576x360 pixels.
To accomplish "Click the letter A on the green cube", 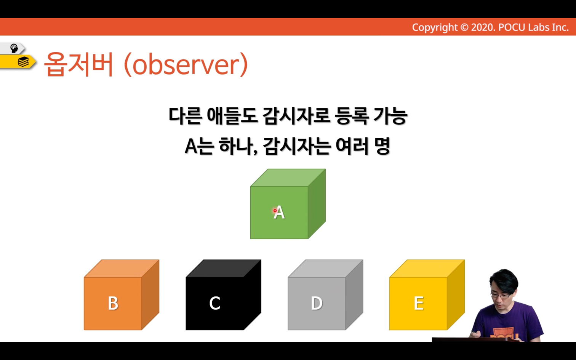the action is [x=279, y=213].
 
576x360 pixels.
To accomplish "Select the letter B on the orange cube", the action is [x=113, y=303].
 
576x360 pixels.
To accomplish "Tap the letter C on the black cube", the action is [x=215, y=303].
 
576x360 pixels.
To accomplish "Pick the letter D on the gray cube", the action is [x=317, y=303].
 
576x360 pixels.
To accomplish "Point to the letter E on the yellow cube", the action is [x=419, y=303].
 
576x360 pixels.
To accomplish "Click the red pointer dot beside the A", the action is [x=275, y=211].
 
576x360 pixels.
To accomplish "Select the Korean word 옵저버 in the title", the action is [x=79, y=64].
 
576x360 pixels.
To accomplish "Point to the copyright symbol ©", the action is [x=464, y=27].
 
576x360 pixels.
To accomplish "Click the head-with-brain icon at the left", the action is [x=14, y=48].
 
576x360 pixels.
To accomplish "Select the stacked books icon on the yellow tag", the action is [x=23, y=62].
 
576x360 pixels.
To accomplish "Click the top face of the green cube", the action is [x=288, y=178].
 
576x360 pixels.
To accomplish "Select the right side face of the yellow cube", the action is [x=456, y=295].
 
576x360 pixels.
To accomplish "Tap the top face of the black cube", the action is [x=224, y=269].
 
